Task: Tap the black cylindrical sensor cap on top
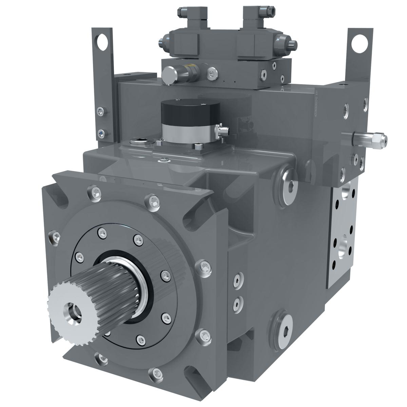[x=183, y=110]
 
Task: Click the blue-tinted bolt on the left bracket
[x=101, y=133]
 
